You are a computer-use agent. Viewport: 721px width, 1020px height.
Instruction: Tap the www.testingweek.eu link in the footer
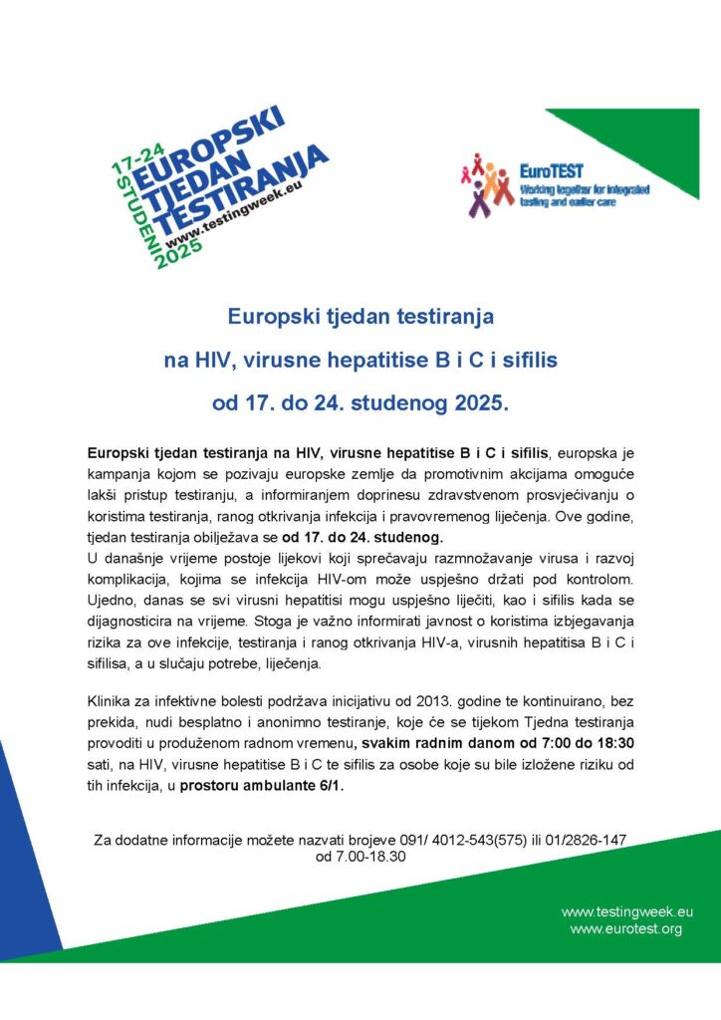pyautogui.click(x=626, y=911)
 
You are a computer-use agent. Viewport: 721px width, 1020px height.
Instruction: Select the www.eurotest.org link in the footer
pyautogui.click(x=625, y=928)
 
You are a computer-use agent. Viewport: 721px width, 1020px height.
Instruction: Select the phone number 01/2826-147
pyautogui.click(x=586, y=841)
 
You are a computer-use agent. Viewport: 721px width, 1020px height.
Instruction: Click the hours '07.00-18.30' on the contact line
pyautogui.click(x=360, y=857)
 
